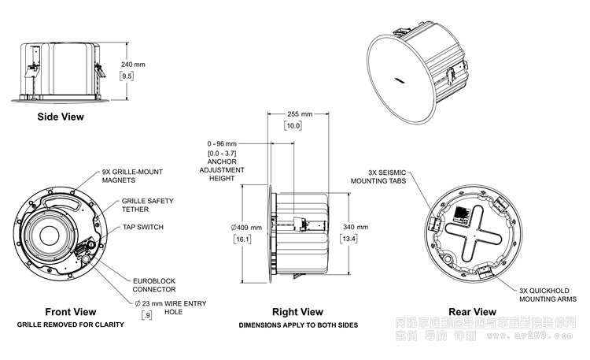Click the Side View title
(61, 117)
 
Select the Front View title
(71, 311)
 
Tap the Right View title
(297, 312)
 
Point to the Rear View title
(472, 311)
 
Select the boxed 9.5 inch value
(126, 76)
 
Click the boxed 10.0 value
(293, 125)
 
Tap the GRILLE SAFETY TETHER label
(143, 206)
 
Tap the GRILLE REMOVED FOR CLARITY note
(71, 324)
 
